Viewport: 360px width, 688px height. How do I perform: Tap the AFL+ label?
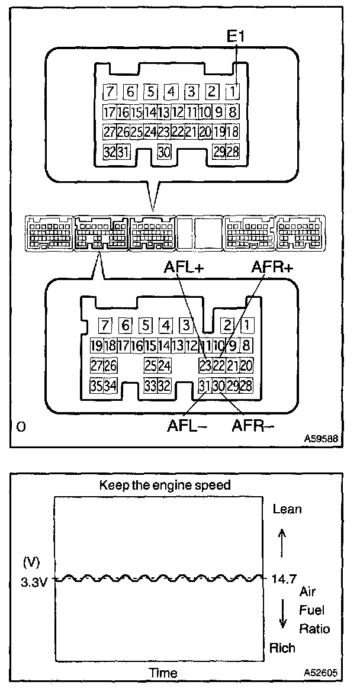point(184,268)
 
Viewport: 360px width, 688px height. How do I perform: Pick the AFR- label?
point(253,425)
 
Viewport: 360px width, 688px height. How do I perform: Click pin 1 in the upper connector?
point(233,92)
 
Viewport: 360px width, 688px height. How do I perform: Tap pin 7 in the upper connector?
point(110,92)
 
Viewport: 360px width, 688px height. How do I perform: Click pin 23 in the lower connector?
point(205,365)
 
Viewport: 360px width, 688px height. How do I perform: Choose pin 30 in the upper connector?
point(165,152)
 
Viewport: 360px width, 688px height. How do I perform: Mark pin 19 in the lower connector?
point(97,346)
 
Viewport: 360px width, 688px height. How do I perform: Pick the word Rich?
point(282,648)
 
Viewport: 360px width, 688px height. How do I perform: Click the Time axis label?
point(163,673)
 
